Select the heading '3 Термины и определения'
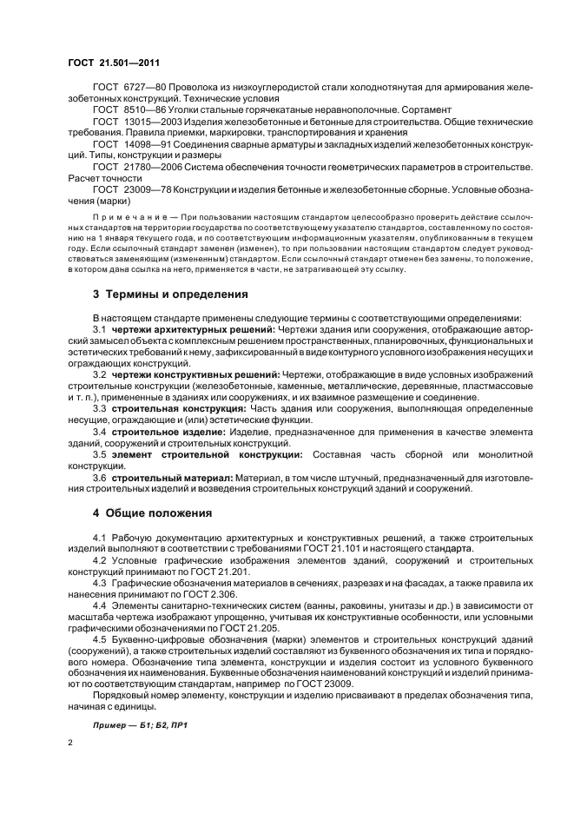pos(171,294)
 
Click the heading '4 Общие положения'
pos(151,512)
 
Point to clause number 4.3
pos(100,583)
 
